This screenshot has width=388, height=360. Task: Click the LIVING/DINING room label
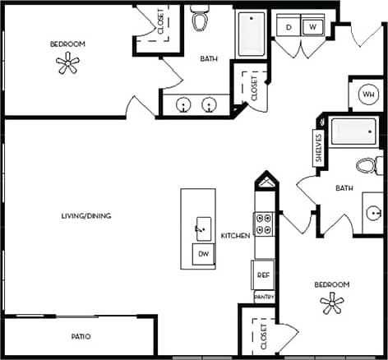pos(86,216)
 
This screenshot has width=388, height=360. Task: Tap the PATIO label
pos(80,337)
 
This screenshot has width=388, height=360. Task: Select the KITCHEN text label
pos(235,236)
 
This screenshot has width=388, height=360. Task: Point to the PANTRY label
pos(264,296)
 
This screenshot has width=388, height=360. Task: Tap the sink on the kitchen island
pos(201,228)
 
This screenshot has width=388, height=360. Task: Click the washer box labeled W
pos(312,27)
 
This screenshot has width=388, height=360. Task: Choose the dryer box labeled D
pos(289,27)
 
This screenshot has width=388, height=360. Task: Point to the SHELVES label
pos(318,149)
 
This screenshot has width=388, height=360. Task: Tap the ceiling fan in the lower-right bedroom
pos(331,305)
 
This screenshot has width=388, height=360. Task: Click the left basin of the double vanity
pos(183,105)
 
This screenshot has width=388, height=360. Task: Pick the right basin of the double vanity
pos(210,105)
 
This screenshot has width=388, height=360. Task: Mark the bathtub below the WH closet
pos(354,132)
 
